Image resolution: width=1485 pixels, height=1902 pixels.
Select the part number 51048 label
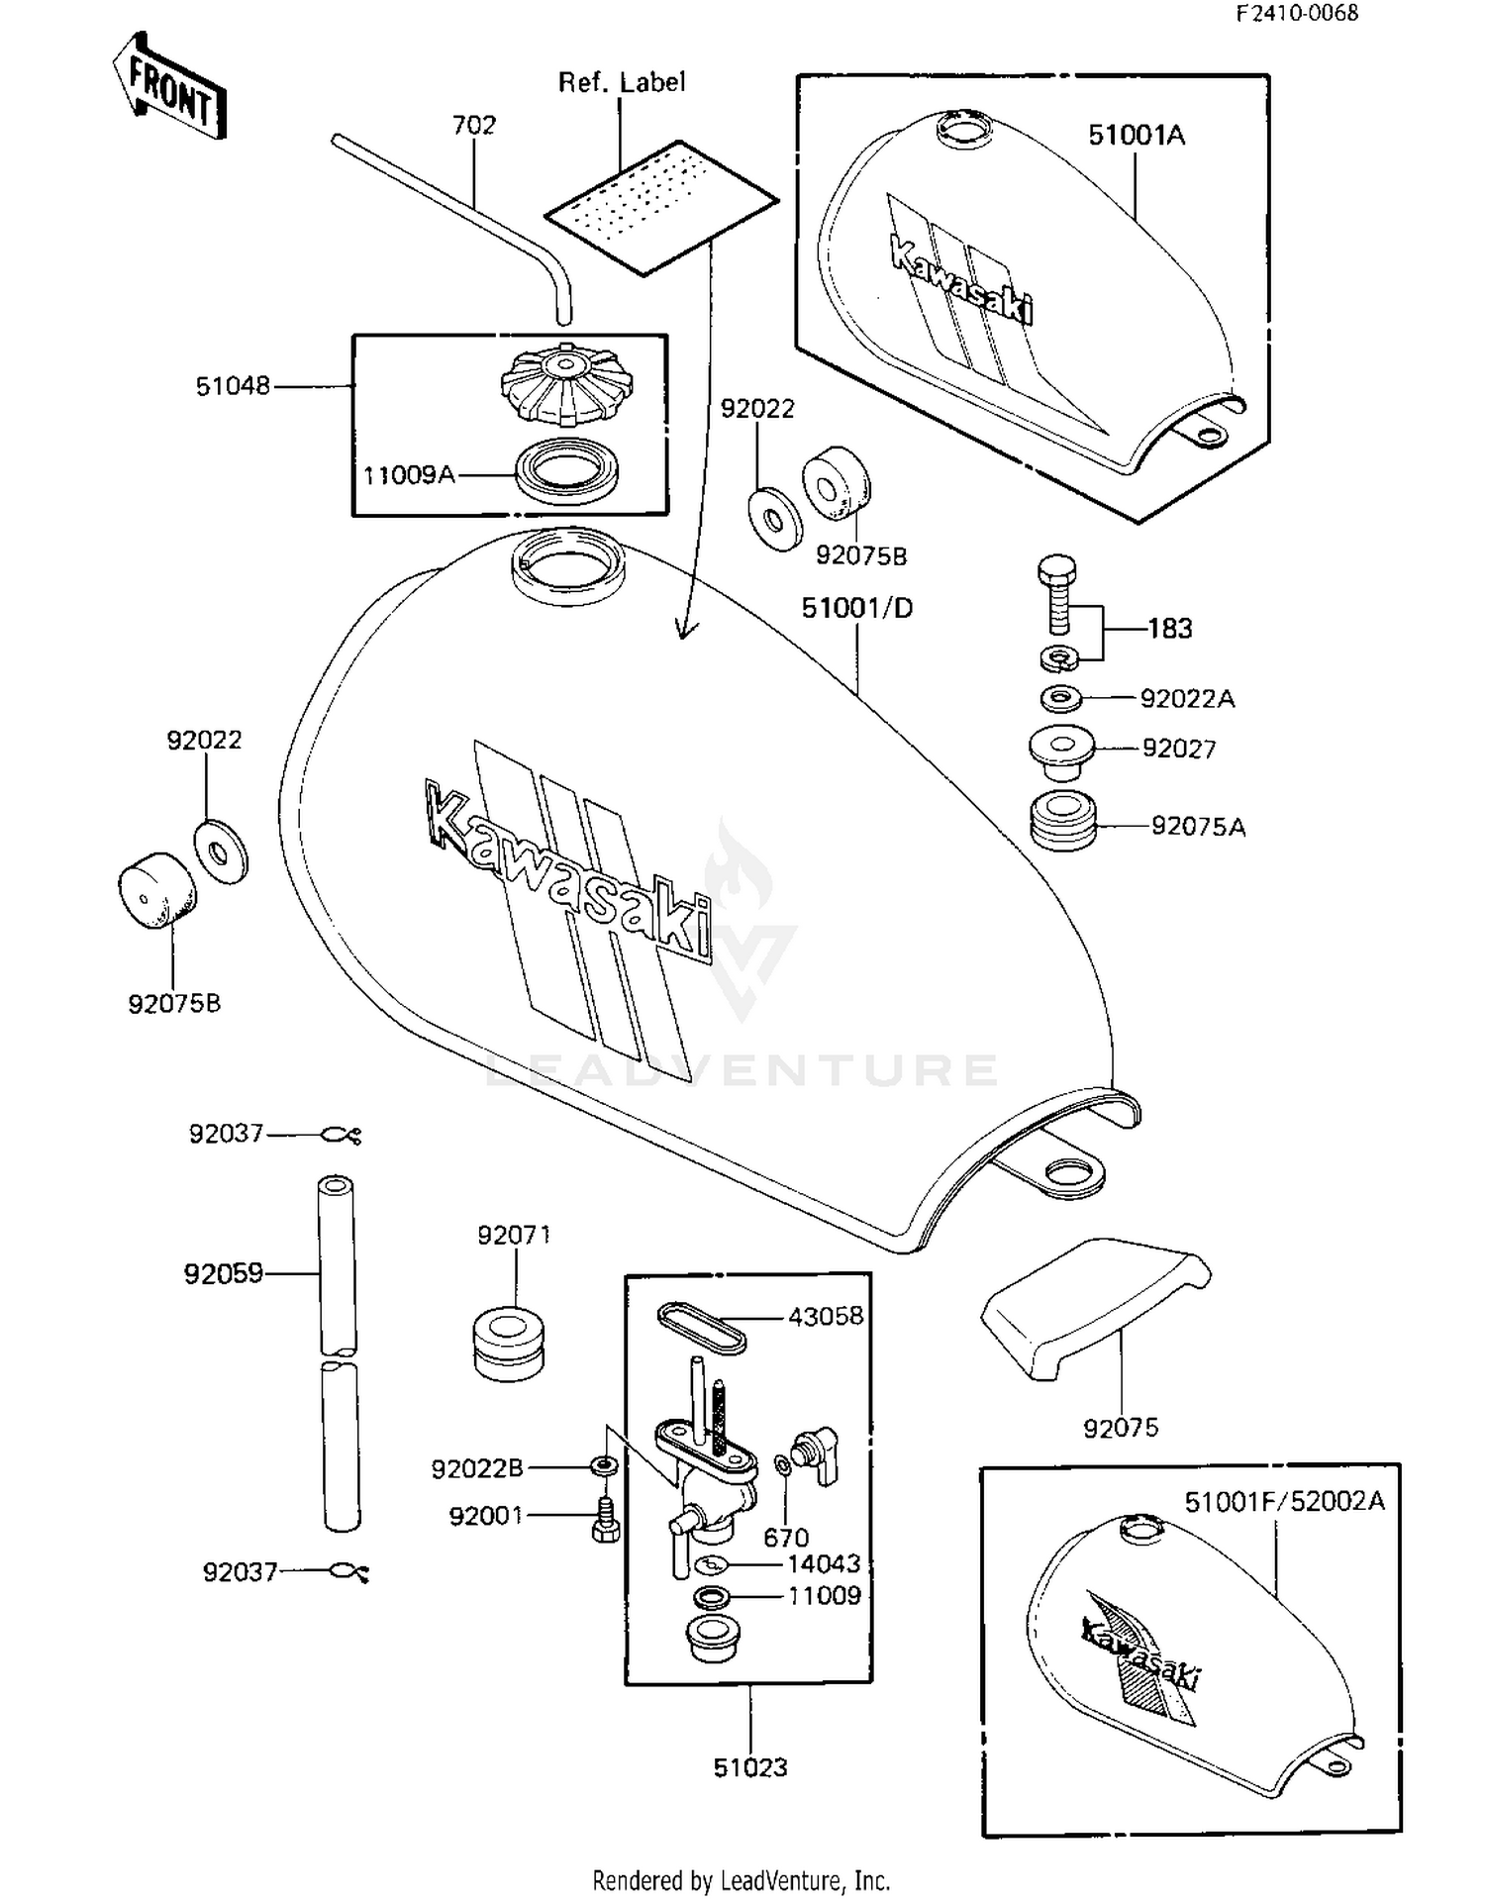233,386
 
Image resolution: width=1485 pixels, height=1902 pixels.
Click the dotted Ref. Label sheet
660,206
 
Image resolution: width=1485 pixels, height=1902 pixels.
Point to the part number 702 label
473,126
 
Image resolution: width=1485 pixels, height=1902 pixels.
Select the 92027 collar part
1061,749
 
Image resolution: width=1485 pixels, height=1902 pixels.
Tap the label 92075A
1198,826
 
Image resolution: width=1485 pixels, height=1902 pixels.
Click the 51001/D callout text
856,608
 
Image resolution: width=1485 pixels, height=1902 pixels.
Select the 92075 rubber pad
1094,1305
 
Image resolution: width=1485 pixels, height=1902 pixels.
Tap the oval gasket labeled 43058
701,1326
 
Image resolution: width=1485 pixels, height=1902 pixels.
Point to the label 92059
224,1274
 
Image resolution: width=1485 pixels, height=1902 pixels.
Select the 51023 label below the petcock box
750,1767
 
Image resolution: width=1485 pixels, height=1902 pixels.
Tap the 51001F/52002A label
1284,1502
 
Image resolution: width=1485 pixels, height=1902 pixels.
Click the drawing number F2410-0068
1296,13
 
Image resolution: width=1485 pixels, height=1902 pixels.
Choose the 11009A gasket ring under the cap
567,467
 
